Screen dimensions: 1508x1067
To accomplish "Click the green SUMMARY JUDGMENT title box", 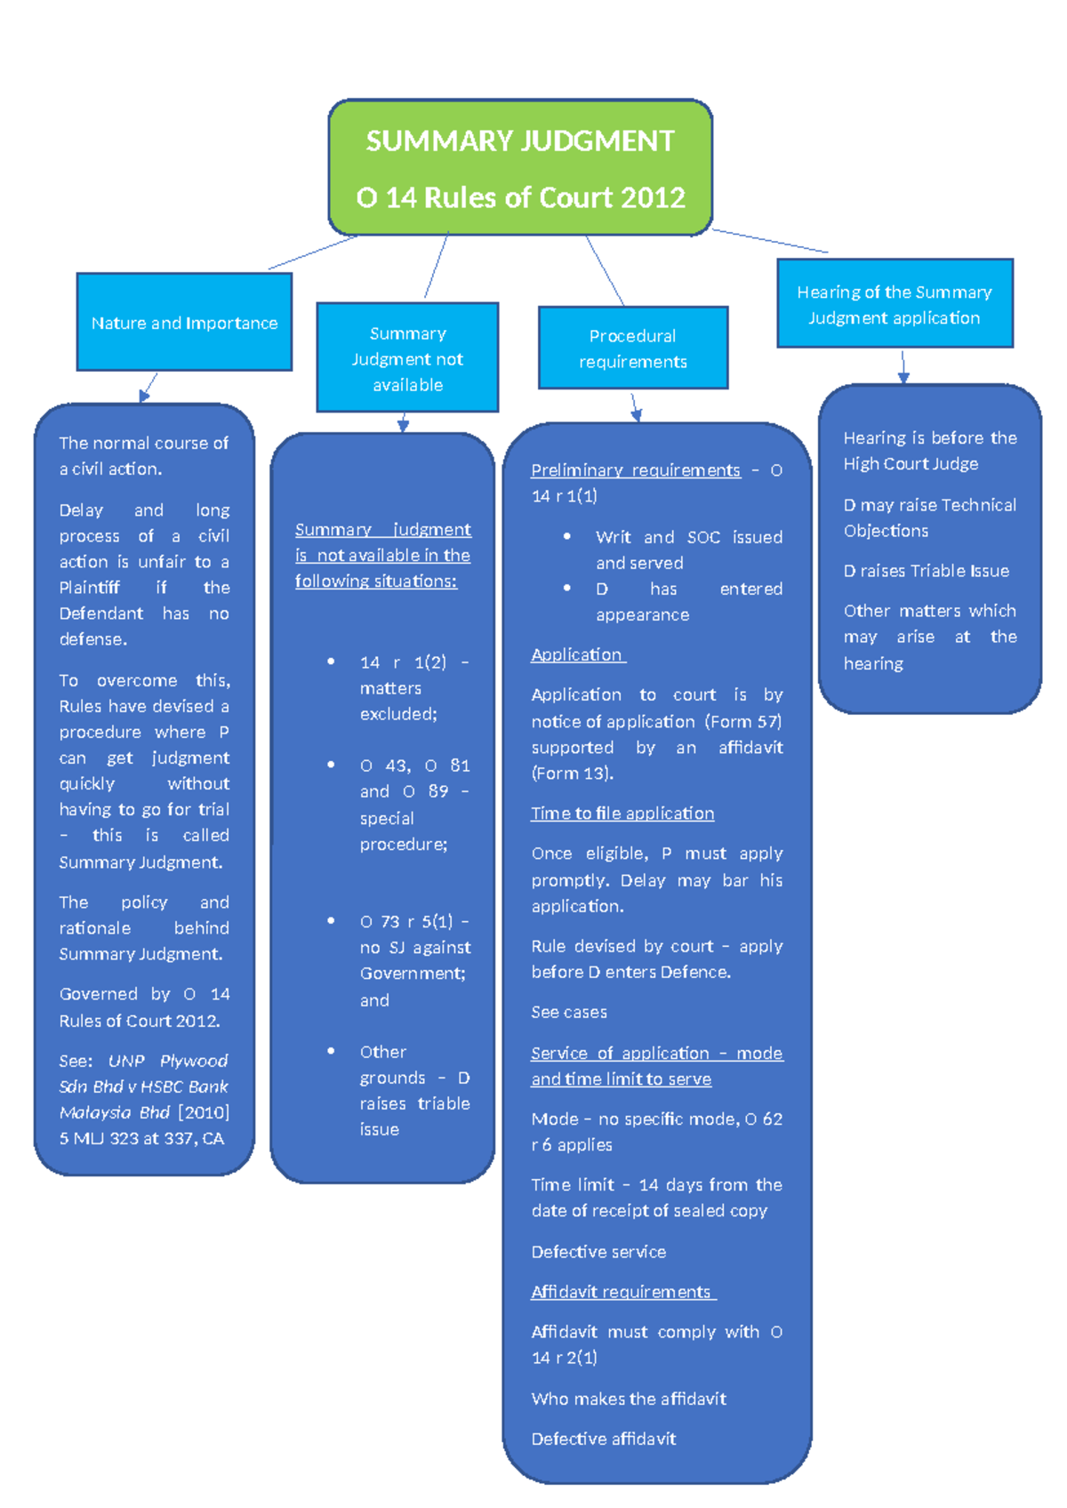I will click(x=520, y=167).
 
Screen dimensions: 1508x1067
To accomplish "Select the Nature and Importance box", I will click(x=184, y=322).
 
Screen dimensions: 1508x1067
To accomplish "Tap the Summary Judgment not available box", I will click(x=407, y=357).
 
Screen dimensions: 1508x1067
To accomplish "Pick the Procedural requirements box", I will click(x=632, y=348).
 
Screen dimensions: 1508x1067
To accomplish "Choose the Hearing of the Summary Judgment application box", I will click(x=894, y=303).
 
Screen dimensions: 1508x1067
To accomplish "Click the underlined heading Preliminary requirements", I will click(x=635, y=469).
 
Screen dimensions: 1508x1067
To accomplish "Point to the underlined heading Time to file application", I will click(x=622, y=813).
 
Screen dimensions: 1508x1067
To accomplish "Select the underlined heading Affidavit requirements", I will click(x=622, y=1291).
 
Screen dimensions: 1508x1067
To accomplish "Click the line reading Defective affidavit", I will click(x=604, y=1438).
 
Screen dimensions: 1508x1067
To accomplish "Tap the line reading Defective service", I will click(x=598, y=1251).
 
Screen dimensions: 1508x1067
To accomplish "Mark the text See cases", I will click(x=569, y=1012).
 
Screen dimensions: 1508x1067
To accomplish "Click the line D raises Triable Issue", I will click(x=926, y=570).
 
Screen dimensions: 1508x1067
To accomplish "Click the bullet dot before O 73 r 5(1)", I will click(x=331, y=921).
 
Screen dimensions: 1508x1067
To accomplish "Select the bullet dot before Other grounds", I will click(x=331, y=1051).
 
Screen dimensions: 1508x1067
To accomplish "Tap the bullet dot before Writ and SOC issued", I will click(x=567, y=536).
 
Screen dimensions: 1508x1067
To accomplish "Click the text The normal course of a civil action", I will click(x=143, y=455).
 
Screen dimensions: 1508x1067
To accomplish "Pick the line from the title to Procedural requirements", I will click(x=605, y=270).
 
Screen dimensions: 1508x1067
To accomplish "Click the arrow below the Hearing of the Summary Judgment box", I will click(x=903, y=366).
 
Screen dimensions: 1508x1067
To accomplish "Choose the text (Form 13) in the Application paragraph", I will click(x=572, y=773).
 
